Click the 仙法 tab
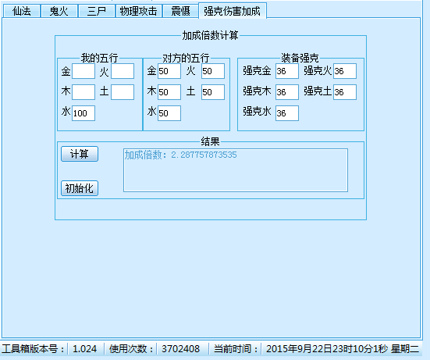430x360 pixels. [x=22, y=11]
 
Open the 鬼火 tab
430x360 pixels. [x=59, y=11]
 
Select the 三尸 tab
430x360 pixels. [x=97, y=11]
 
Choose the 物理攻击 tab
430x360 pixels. [x=138, y=11]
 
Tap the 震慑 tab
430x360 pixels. [x=180, y=11]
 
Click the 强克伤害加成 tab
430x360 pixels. [x=233, y=11]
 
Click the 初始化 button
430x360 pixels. [x=80, y=188]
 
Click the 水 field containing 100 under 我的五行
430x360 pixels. [x=84, y=113]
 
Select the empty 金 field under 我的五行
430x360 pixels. [x=84, y=71]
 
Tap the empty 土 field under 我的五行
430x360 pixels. [x=123, y=92]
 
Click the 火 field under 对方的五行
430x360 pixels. [x=213, y=71]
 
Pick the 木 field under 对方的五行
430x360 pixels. [x=169, y=92]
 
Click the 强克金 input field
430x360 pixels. [x=287, y=71]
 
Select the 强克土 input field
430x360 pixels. [x=345, y=92]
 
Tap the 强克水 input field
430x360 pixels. [x=287, y=113]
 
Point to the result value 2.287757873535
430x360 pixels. [x=204, y=155]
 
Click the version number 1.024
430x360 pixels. [x=84, y=349]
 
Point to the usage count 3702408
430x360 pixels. [x=180, y=349]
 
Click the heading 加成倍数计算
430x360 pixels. [x=211, y=35]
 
